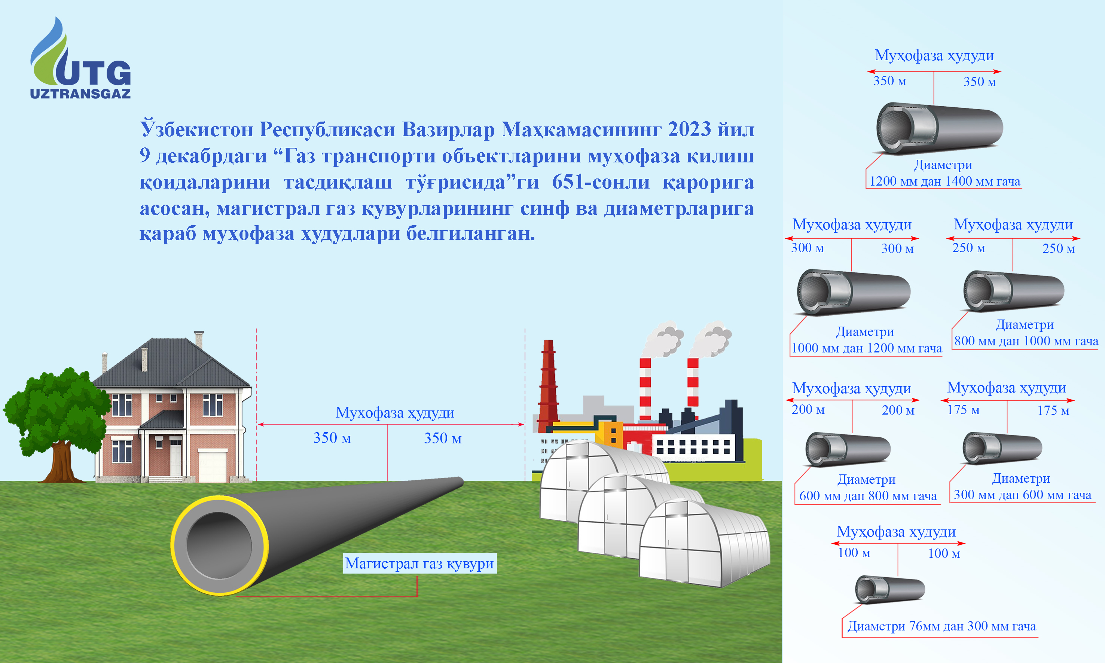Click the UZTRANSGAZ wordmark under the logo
click(x=80, y=94)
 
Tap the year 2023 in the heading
click(x=689, y=129)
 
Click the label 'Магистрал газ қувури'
click(x=419, y=563)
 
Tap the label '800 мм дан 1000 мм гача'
click(x=1026, y=341)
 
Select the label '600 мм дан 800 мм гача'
click(x=868, y=496)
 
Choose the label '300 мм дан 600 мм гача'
click(x=1022, y=495)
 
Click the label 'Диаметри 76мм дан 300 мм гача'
click(x=941, y=626)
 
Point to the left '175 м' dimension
click(x=963, y=410)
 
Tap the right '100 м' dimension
click(x=944, y=553)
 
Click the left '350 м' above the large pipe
click(x=332, y=438)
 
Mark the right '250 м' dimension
click(x=1059, y=248)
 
